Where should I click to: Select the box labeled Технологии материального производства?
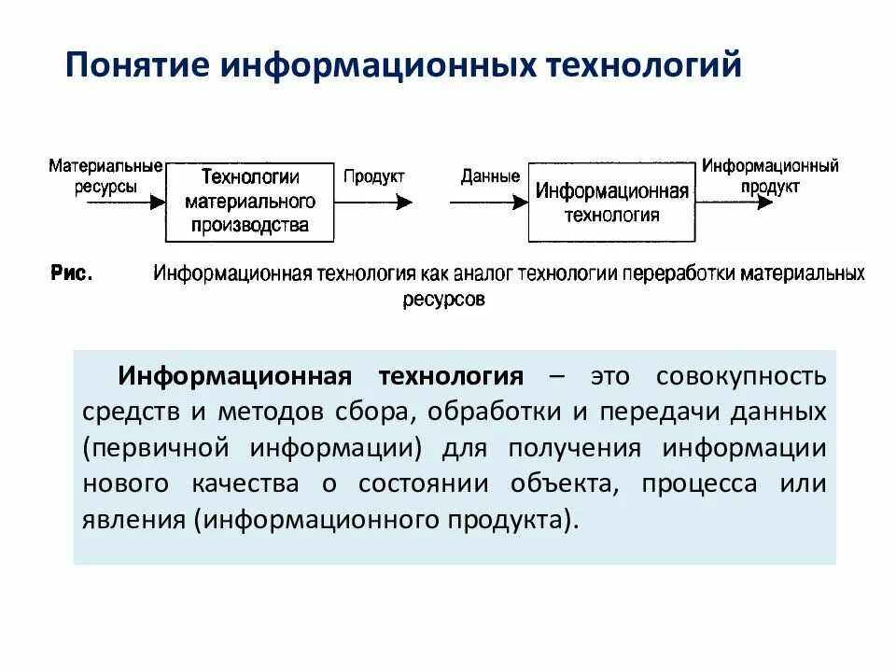coord(249,202)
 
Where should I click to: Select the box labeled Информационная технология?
coord(611,203)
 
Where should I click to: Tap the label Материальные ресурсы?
coord(105,175)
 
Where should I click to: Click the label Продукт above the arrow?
coord(373,176)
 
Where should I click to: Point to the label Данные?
coord(490,176)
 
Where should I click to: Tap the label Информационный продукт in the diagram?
coord(770,175)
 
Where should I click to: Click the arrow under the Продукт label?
coord(377,201)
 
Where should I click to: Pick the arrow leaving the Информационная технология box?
coord(737,201)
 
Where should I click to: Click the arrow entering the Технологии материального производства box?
coord(125,201)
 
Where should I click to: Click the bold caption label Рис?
coord(71,273)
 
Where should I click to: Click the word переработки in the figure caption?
coord(679,274)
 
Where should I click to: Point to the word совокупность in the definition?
coord(741,376)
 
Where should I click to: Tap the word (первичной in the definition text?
coord(155,447)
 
